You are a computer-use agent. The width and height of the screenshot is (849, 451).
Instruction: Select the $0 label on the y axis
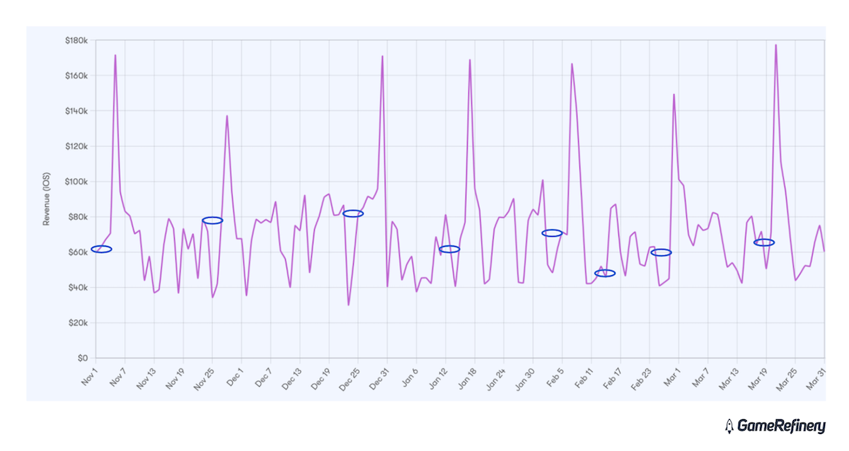pyautogui.click(x=82, y=358)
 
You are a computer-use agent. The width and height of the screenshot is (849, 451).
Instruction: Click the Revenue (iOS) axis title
pyautogui.click(x=47, y=199)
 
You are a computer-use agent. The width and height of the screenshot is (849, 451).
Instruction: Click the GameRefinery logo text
pyautogui.click(x=781, y=426)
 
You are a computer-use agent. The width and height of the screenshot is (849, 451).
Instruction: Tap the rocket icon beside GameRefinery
pyautogui.click(x=729, y=426)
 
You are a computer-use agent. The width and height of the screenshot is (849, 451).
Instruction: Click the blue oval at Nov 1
pyautogui.click(x=101, y=249)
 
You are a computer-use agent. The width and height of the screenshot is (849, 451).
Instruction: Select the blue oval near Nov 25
pyautogui.click(x=212, y=221)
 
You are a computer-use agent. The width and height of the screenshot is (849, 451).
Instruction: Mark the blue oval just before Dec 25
pyautogui.click(x=353, y=213)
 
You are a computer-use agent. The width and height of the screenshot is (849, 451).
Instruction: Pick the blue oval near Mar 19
pyautogui.click(x=764, y=242)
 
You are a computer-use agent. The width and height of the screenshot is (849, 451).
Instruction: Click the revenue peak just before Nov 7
pyautogui.click(x=115, y=55)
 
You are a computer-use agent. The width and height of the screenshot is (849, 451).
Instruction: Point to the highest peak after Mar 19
pyautogui.click(x=776, y=45)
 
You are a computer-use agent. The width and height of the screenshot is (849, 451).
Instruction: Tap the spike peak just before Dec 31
pyautogui.click(x=383, y=57)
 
